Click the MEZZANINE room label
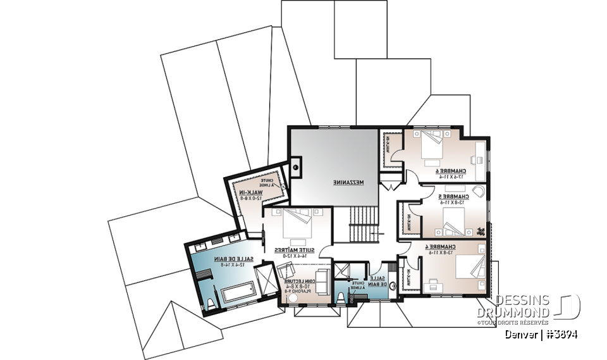[x=348, y=182]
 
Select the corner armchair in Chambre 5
[x=479, y=192]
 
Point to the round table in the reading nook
[x=292, y=295]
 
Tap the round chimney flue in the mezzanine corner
[x=295, y=167]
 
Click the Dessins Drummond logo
[x=537, y=307]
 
